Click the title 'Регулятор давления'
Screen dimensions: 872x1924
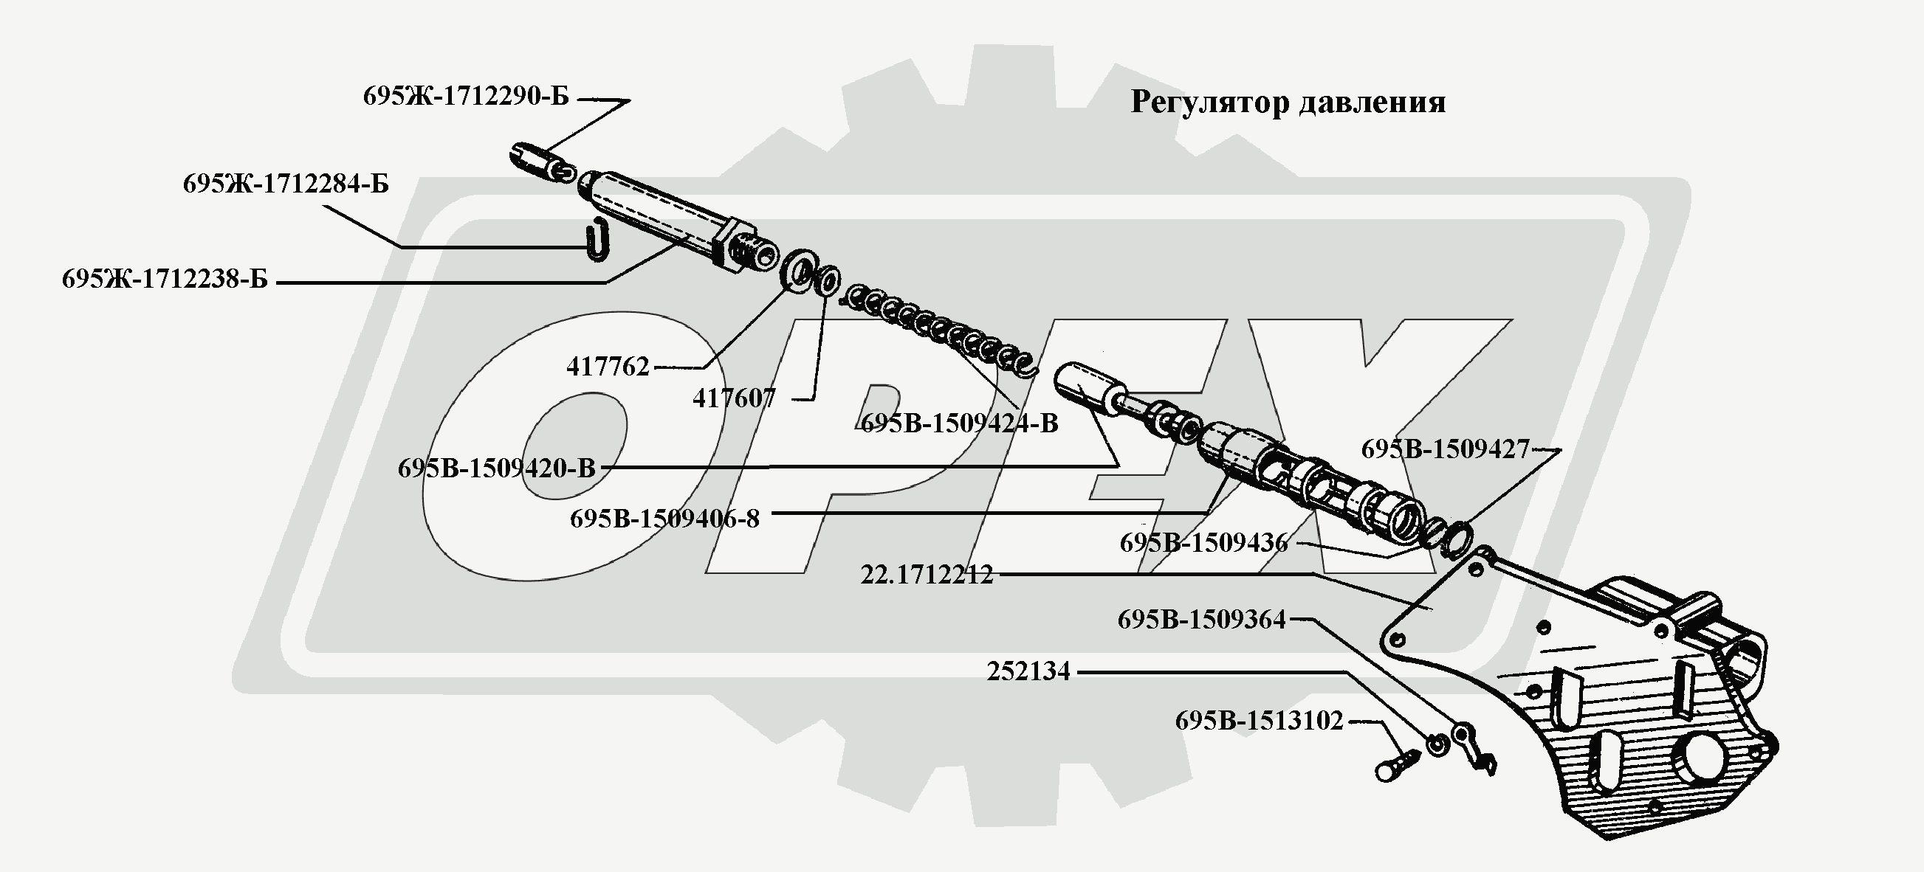1288,103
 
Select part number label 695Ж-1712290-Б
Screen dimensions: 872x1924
466,97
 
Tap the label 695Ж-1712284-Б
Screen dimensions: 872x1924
286,184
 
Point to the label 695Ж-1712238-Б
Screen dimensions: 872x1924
165,279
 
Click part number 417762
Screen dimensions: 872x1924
607,367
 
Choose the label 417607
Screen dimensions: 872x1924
733,398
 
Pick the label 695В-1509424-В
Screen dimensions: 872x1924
960,423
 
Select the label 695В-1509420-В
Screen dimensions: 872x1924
497,468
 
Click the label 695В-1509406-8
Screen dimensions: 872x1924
664,518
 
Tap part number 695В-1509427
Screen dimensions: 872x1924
1446,449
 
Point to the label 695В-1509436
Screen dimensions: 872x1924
1203,543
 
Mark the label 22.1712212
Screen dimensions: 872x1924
927,575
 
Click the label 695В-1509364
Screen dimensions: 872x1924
1202,620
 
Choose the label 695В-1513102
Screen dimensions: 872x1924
1260,721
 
